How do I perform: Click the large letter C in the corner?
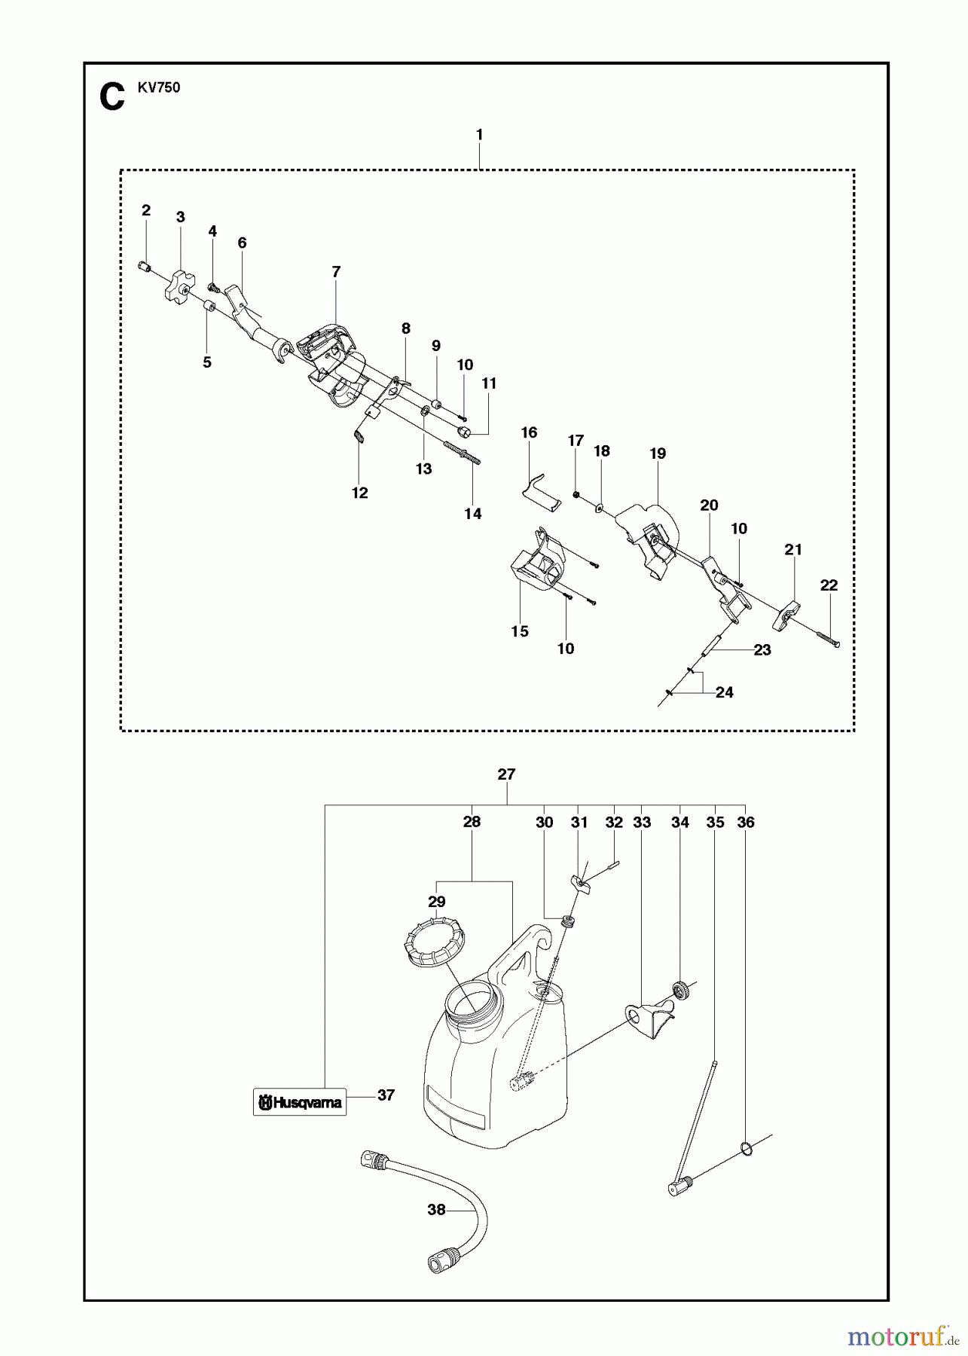click(x=112, y=98)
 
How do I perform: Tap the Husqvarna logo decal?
click(x=299, y=1103)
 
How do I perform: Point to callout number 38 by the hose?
click(x=436, y=1210)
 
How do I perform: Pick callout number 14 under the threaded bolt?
click(x=472, y=514)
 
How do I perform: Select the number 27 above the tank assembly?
click(x=506, y=774)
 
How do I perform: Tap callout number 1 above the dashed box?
click(x=479, y=135)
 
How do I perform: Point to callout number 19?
click(x=658, y=454)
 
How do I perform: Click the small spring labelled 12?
click(x=360, y=436)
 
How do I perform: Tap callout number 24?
click(x=724, y=692)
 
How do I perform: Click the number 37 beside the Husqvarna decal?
click(x=386, y=1095)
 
